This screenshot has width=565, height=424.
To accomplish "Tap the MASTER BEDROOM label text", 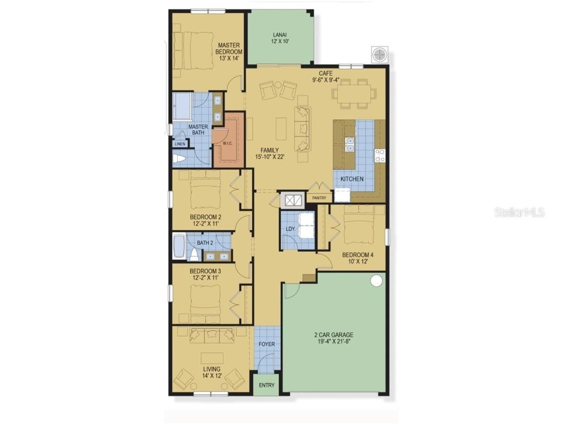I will (228, 48).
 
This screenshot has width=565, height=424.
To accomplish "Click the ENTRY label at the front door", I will (266, 385).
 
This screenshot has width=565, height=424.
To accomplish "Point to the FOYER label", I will (266, 344).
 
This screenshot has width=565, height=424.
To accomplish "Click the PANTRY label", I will (319, 198).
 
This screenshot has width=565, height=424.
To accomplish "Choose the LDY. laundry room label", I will (289, 229).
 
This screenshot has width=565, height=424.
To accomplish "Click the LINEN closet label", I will (180, 144).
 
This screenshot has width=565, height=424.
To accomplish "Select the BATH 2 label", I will (205, 242).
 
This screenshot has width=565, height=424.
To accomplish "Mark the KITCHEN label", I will (351, 179).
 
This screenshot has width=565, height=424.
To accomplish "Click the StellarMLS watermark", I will (519, 212).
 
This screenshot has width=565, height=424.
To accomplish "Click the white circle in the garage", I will (376, 281).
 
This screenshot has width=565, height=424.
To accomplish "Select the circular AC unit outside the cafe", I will (380, 55).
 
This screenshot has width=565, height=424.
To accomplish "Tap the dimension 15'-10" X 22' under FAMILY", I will (269, 157).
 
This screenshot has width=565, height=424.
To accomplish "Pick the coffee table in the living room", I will (212, 357).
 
